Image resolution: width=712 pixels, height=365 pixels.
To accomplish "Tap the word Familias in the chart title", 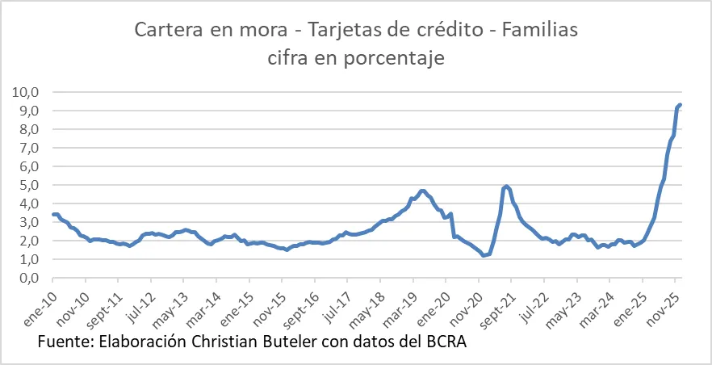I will click(538, 31).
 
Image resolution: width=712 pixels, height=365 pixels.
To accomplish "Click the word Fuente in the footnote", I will click(65, 342).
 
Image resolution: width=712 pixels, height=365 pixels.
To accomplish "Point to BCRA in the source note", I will click(443, 342).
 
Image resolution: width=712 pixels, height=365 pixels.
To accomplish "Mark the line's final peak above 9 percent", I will click(681, 104).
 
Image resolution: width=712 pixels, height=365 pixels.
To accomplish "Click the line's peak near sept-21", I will click(506, 186).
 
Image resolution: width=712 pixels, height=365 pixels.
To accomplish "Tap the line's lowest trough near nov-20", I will click(484, 255).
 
